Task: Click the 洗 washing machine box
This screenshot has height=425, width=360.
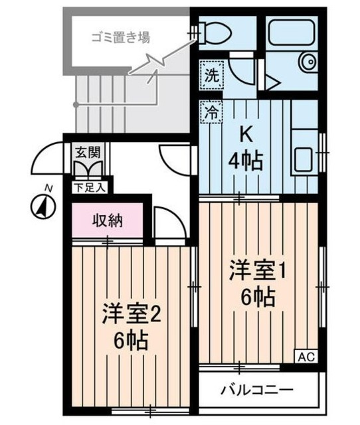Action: coord(210,75)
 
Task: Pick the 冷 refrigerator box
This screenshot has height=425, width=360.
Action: coord(210,111)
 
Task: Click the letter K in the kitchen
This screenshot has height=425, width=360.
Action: coord(245,135)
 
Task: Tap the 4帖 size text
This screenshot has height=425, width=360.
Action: coord(245,160)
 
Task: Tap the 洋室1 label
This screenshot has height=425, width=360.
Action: coord(257,271)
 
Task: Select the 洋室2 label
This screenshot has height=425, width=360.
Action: coord(131,313)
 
